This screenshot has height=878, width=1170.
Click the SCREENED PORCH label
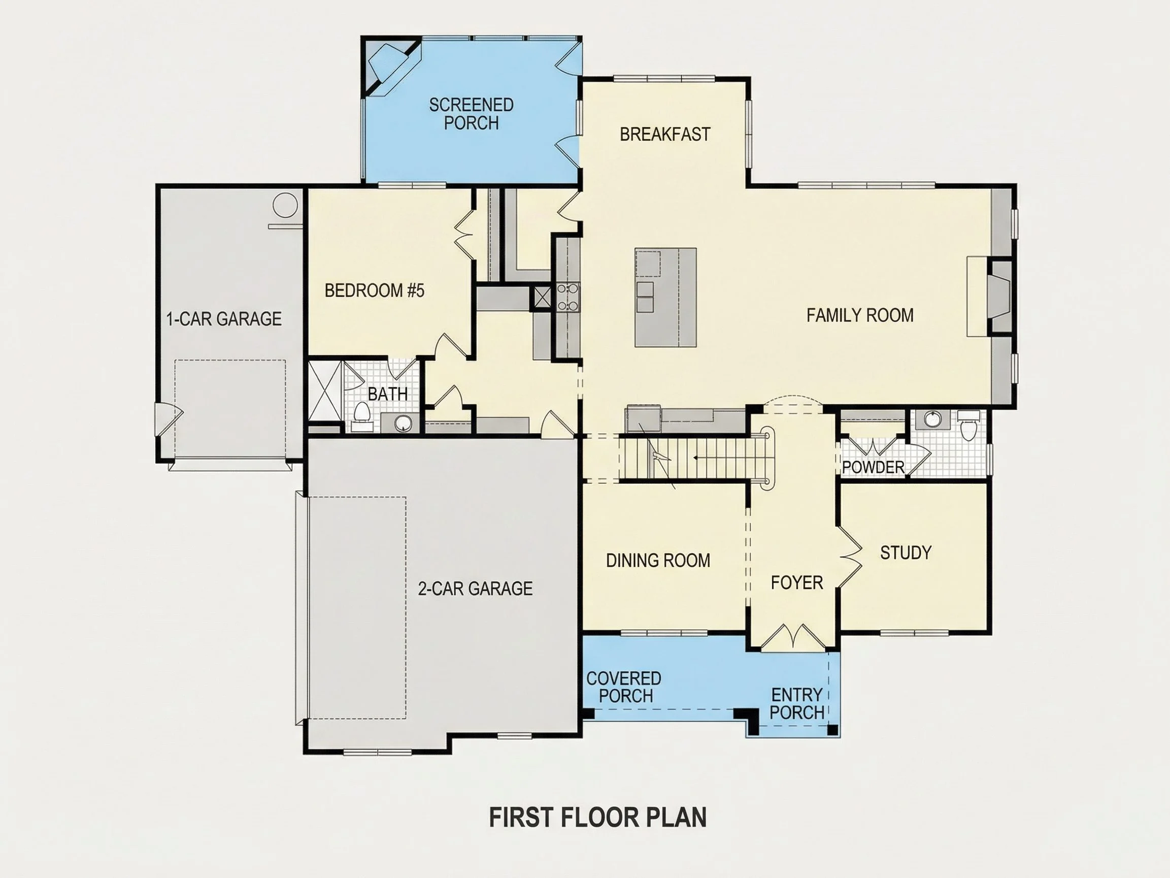[x=471, y=114]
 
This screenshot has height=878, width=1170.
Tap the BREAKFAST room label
[x=665, y=135]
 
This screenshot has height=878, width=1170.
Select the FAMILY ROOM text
[x=860, y=315]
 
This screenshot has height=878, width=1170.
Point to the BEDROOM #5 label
[x=375, y=290]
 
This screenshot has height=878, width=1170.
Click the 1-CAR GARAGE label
[x=224, y=318]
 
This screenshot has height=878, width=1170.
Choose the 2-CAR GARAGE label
[x=475, y=589]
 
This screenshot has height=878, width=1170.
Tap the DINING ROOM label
[x=658, y=561]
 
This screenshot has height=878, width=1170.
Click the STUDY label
[x=906, y=552]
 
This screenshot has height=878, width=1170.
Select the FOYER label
[x=797, y=582]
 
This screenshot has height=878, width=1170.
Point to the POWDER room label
[x=873, y=467]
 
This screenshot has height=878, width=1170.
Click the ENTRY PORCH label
[x=797, y=703]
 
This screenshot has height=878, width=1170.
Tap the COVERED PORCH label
[x=624, y=687]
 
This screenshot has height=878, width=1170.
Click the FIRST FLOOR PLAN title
[x=598, y=817]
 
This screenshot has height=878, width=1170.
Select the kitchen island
[x=665, y=298]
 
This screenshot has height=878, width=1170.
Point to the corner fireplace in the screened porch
[x=390, y=66]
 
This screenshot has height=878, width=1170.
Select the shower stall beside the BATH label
[x=325, y=391]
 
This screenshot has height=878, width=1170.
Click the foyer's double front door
[x=792, y=638]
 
